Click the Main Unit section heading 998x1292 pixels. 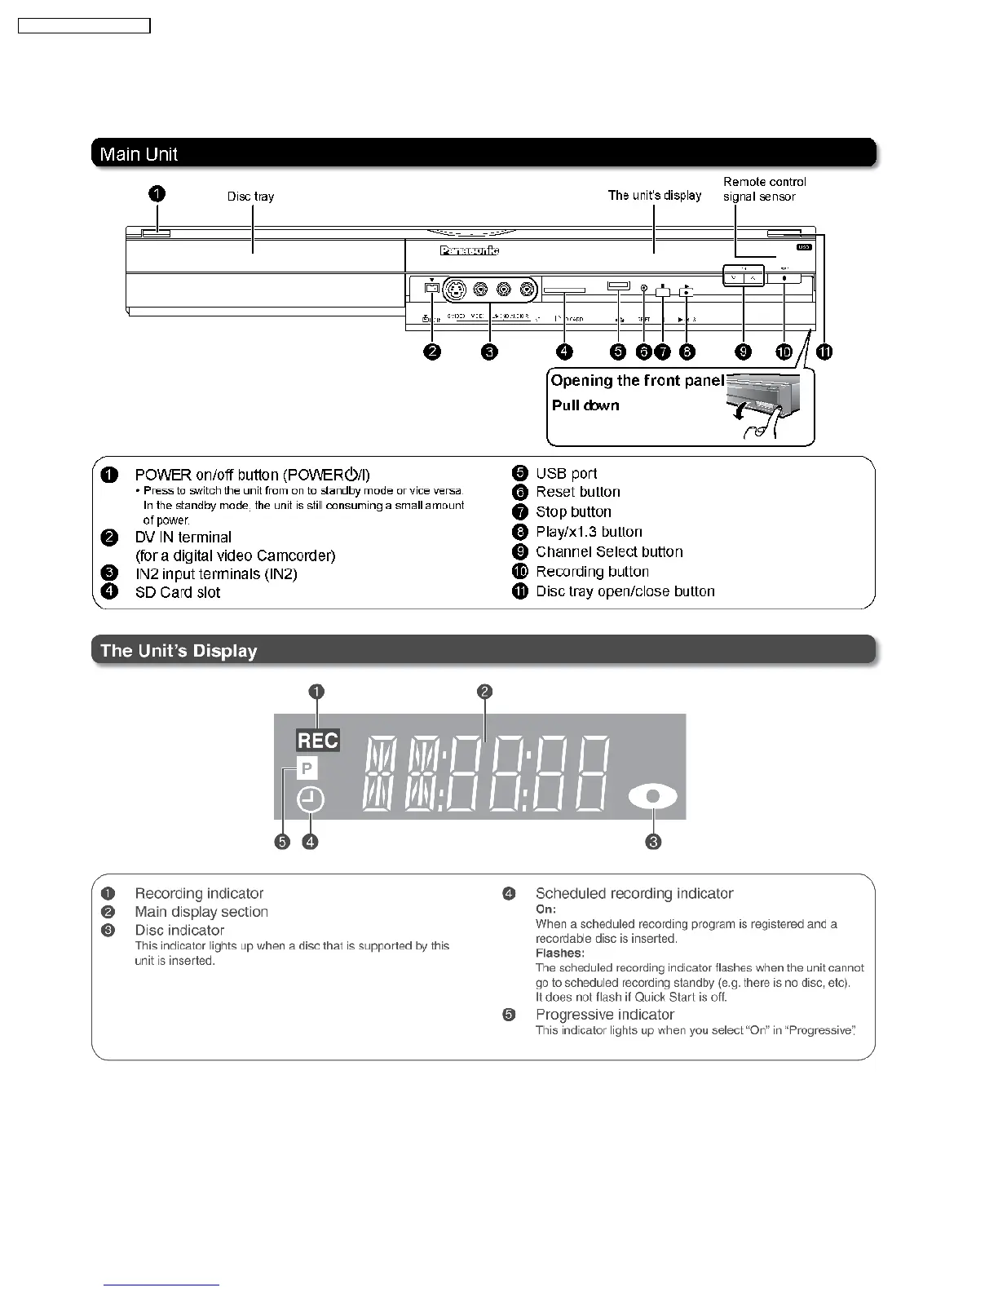click(x=139, y=154)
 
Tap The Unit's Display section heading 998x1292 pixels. click(x=179, y=651)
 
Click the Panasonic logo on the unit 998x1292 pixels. click(x=469, y=250)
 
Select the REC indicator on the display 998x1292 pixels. click(x=317, y=741)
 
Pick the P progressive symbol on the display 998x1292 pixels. click(x=307, y=768)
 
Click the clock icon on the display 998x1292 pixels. click(x=311, y=800)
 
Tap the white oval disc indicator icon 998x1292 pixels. click(x=653, y=799)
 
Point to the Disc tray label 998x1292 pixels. click(x=250, y=197)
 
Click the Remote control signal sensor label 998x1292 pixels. click(x=764, y=189)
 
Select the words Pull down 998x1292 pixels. click(x=585, y=405)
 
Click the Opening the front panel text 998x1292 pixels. click(x=637, y=381)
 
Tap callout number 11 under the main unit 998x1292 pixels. click(x=824, y=352)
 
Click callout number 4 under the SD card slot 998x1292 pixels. click(x=564, y=352)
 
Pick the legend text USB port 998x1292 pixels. click(x=566, y=473)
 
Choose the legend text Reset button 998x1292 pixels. click(x=577, y=492)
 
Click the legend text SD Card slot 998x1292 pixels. click(x=177, y=592)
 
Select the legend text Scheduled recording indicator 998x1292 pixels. click(x=634, y=893)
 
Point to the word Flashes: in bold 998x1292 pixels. click(x=559, y=953)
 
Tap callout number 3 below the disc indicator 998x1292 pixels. click(x=653, y=842)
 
